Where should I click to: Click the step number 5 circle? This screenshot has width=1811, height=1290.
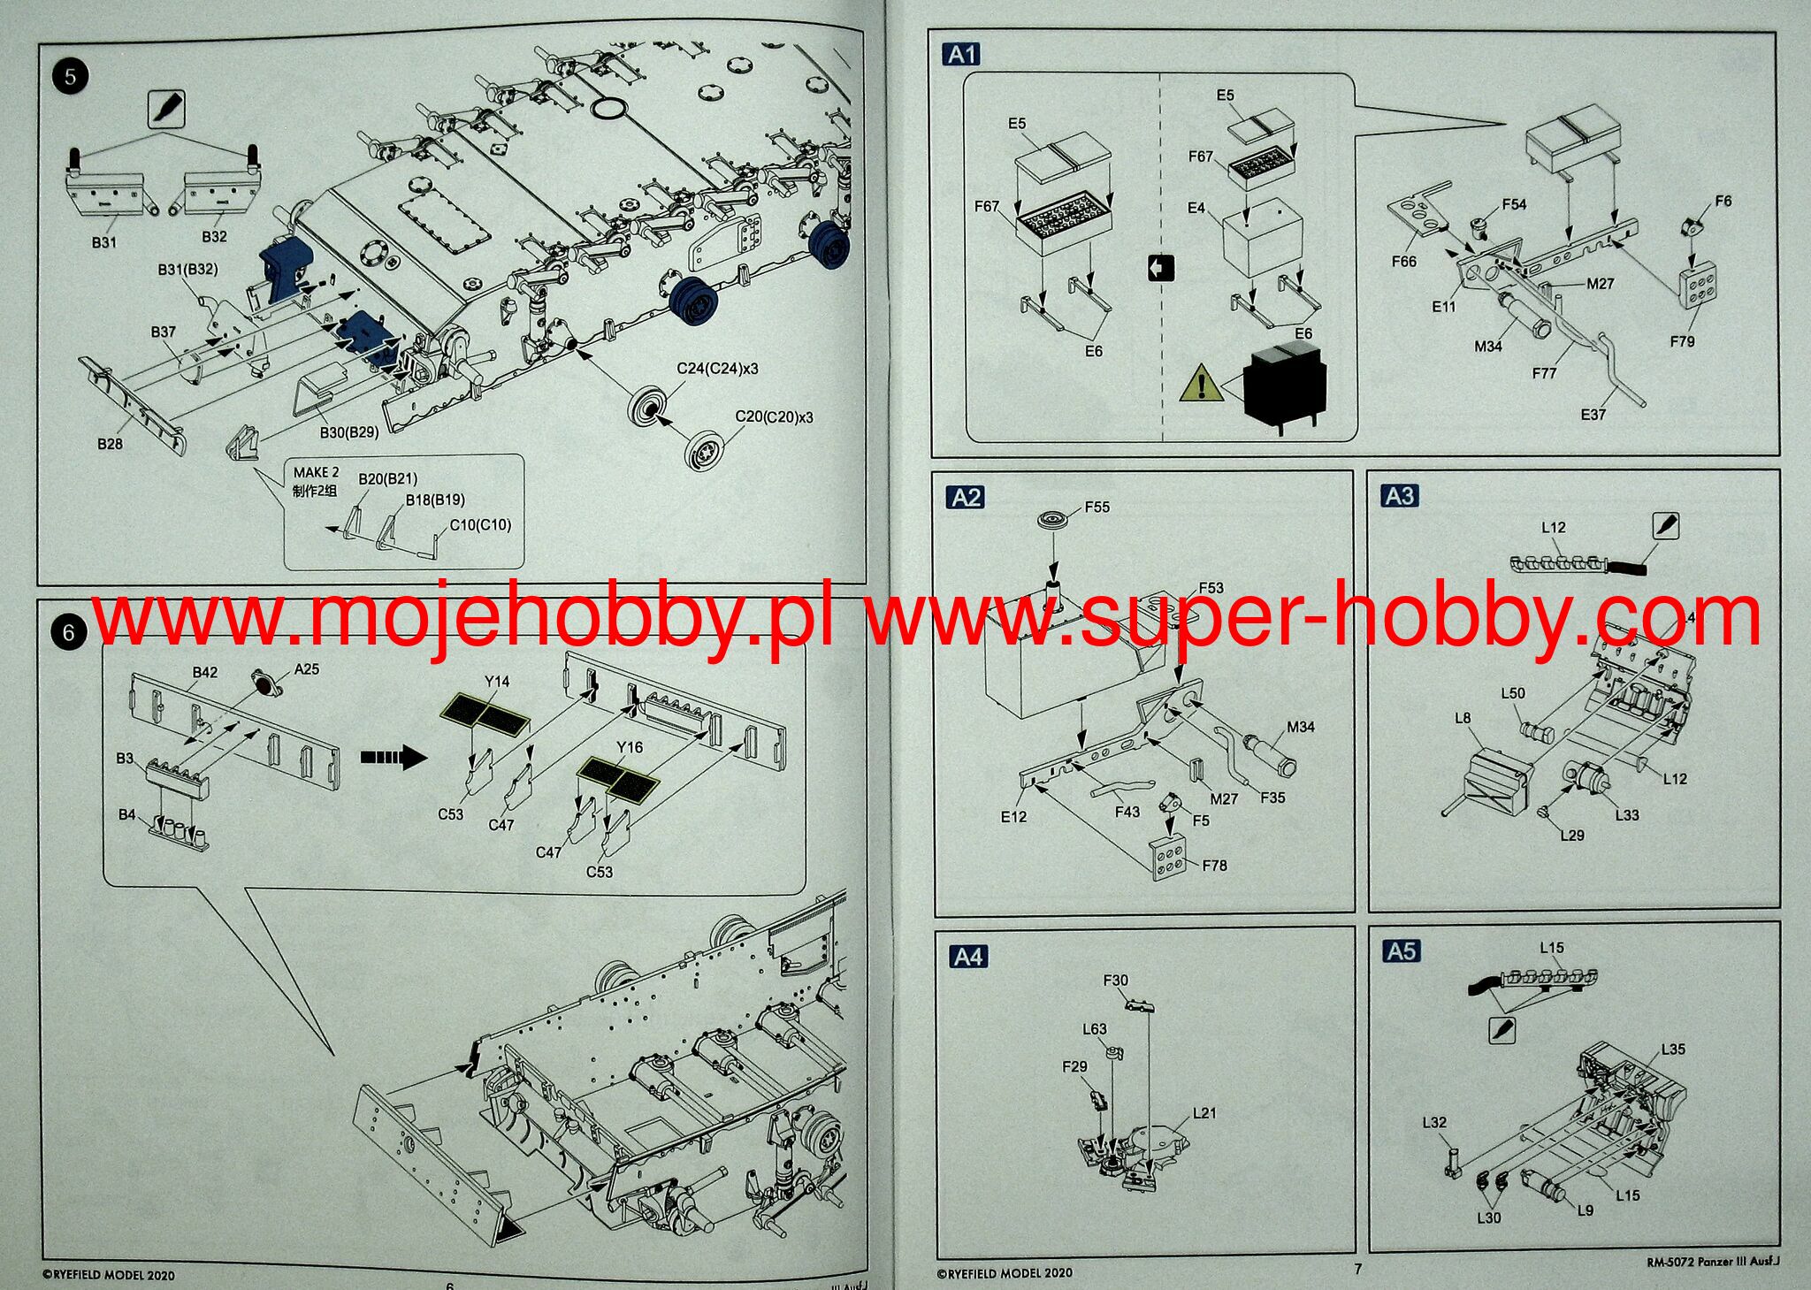click(x=71, y=76)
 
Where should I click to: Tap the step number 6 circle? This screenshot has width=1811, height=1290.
click(x=69, y=632)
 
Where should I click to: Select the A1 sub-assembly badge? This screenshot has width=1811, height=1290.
click(x=962, y=55)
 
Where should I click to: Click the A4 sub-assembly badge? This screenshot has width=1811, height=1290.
click(x=968, y=957)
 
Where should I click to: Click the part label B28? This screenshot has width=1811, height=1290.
click(x=110, y=444)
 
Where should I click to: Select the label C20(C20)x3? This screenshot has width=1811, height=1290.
click(x=774, y=416)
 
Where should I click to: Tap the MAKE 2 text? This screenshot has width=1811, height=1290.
click(x=316, y=473)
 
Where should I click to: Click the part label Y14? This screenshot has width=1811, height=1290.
click(x=497, y=682)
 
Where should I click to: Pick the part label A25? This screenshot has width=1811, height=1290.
click(x=306, y=669)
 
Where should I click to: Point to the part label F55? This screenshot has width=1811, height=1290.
click(x=1097, y=508)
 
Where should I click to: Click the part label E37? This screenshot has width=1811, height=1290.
click(x=1593, y=414)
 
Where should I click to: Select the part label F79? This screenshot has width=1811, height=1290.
click(x=1682, y=341)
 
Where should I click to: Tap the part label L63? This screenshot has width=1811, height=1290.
click(x=1094, y=1029)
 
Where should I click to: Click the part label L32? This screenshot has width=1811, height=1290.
click(x=1434, y=1123)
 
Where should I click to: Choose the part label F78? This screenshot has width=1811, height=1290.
click(x=1214, y=866)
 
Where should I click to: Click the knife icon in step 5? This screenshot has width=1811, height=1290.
click(x=168, y=109)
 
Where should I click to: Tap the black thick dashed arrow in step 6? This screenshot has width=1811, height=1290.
click(x=394, y=757)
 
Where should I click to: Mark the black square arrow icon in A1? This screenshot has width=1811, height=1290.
click(x=1160, y=267)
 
